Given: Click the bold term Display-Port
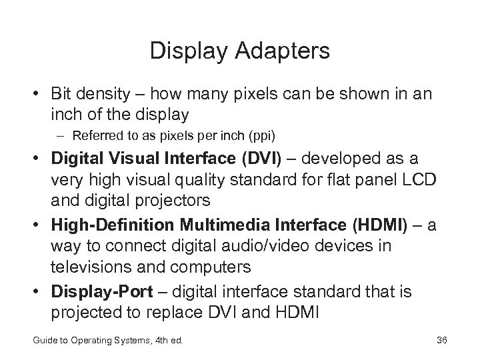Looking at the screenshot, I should pyautogui.click(x=92, y=292).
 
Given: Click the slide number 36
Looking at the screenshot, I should pyautogui.click(x=441, y=341).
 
